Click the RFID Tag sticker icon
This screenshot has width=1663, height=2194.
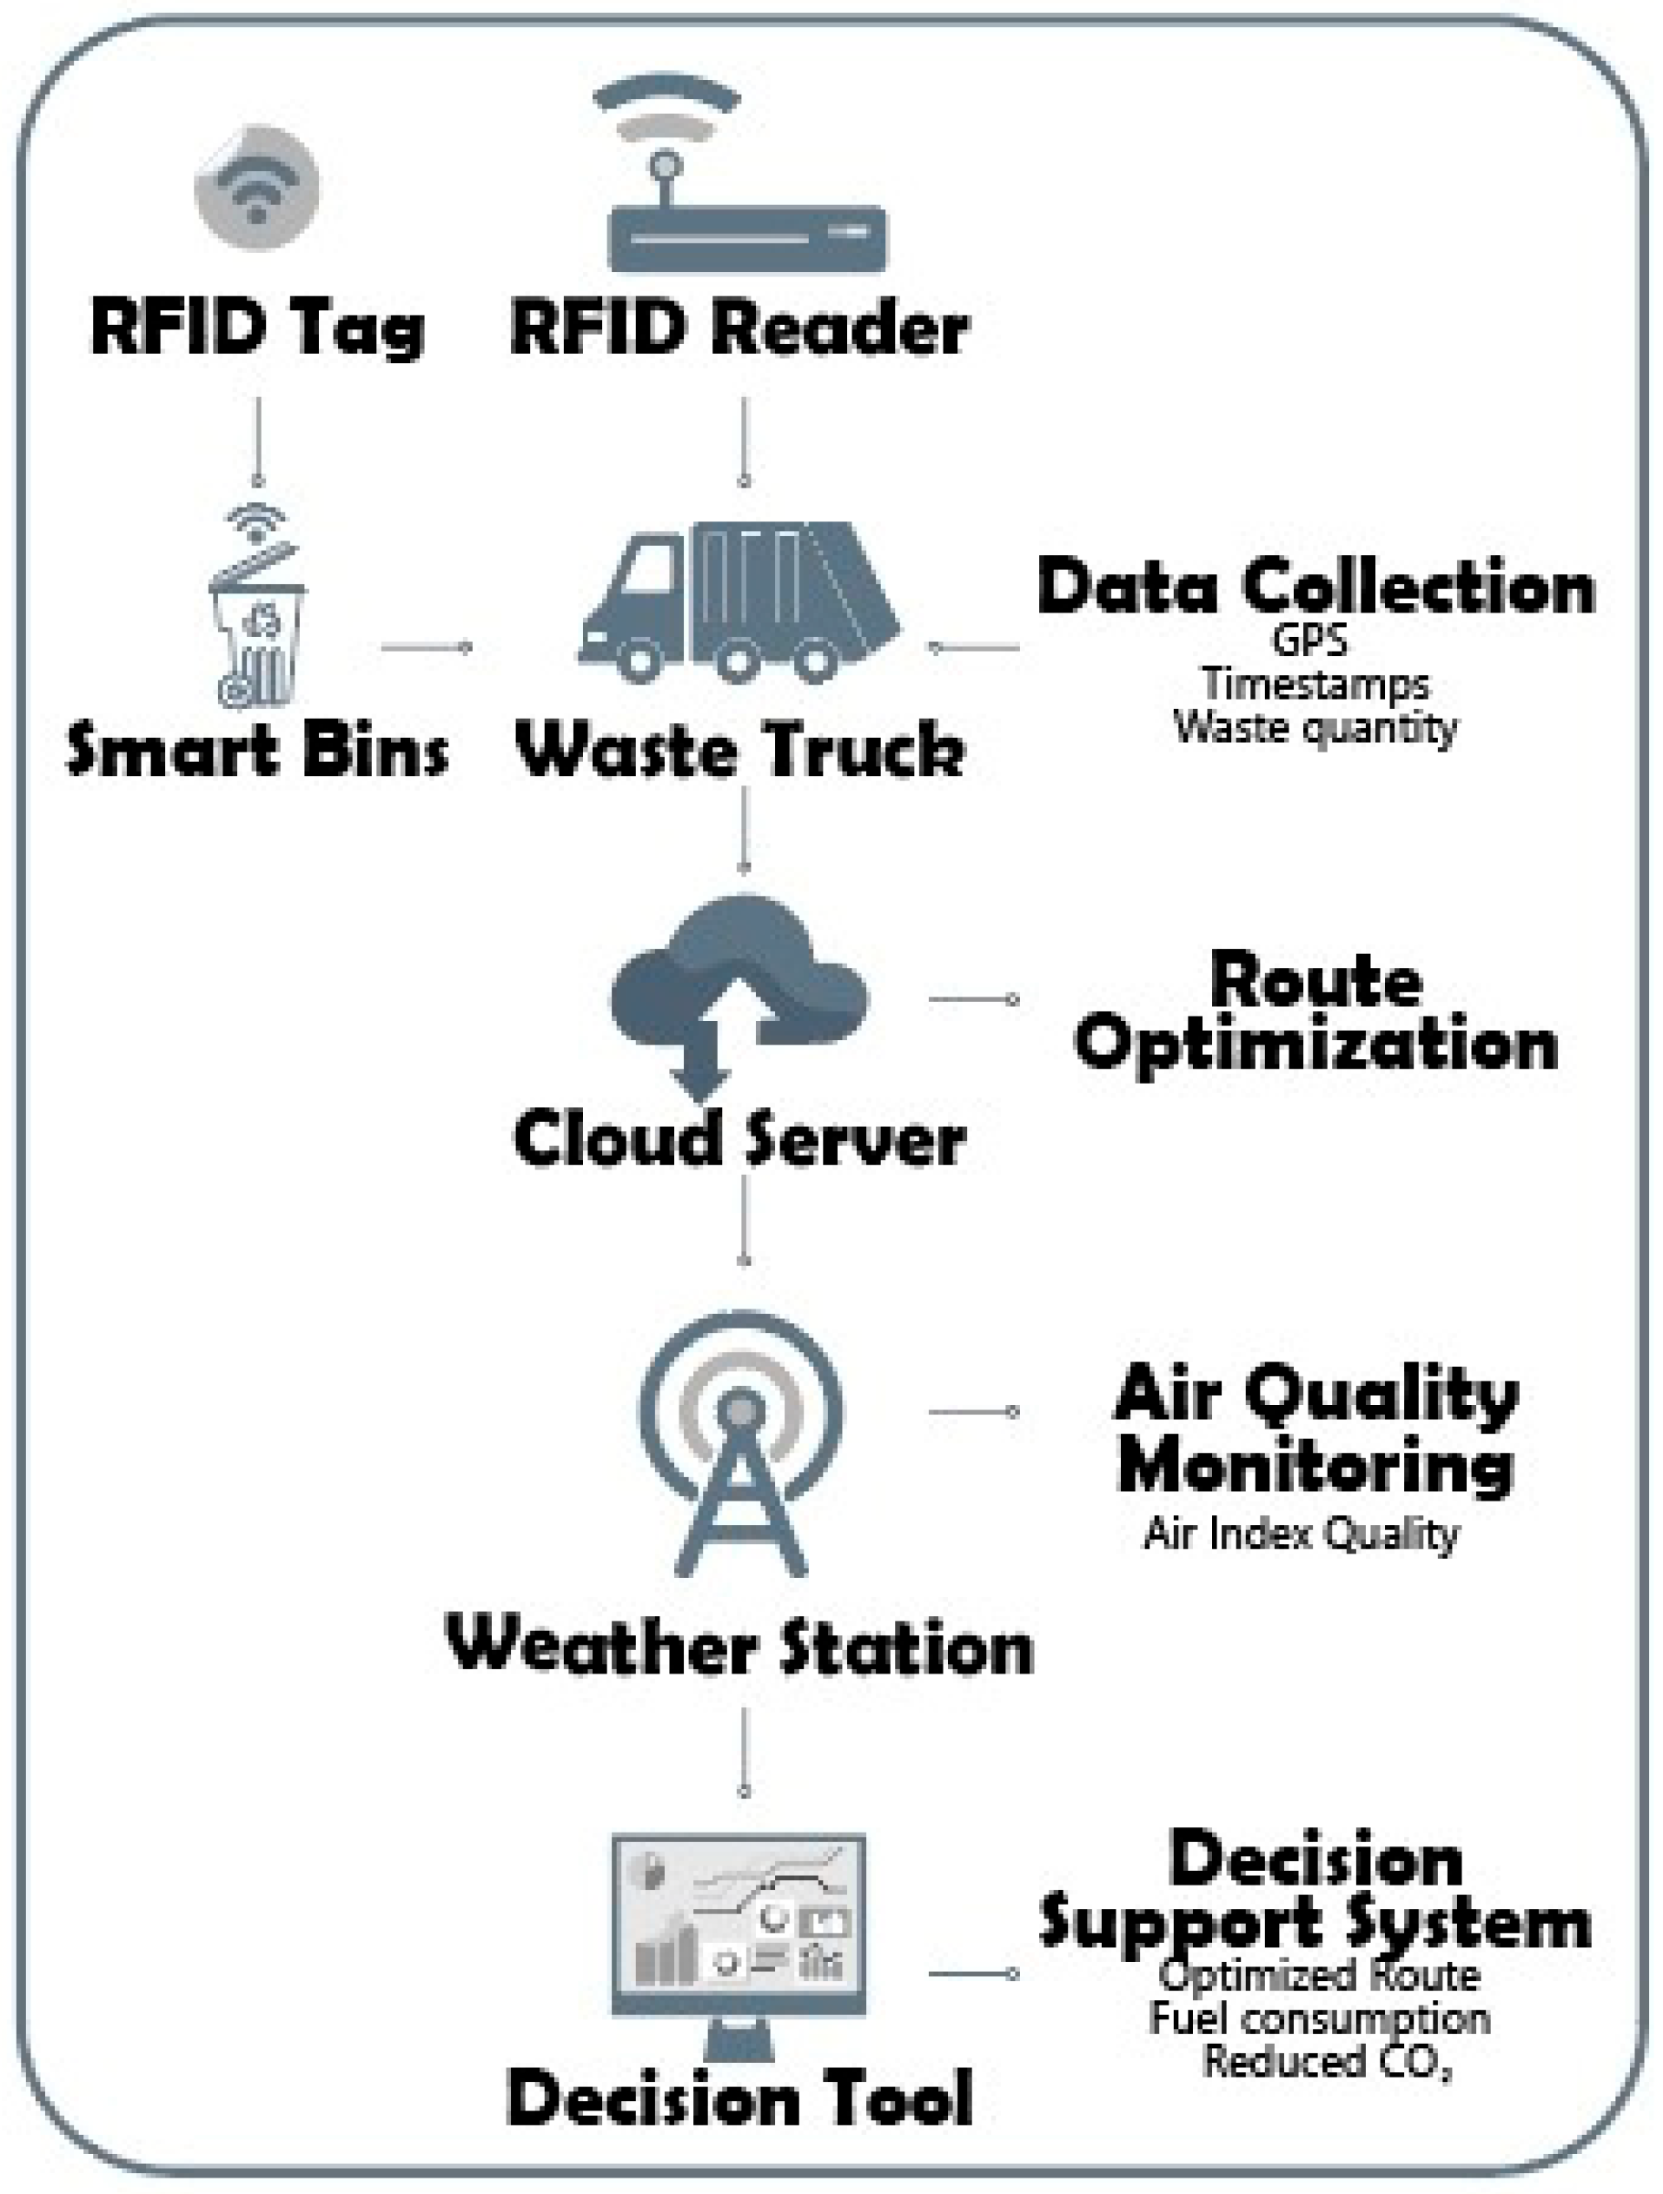click(x=257, y=188)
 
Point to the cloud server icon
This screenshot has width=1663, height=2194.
click(x=739, y=992)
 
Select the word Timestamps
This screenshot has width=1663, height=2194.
click(x=1316, y=685)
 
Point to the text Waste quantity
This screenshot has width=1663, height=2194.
click(x=1316, y=728)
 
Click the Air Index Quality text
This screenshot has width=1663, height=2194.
click(x=1301, y=1534)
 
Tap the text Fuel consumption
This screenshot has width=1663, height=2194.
click(x=1319, y=2019)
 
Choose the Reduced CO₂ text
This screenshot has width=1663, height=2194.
click(x=1326, y=2062)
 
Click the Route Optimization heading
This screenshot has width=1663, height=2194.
click(x=1316, y=1014)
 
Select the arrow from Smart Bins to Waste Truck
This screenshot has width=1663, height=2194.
click(x=427, y=647)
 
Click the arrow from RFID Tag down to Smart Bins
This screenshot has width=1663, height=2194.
click(x=258, y=441)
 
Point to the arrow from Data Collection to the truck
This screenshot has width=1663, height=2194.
click(x=975, y=647)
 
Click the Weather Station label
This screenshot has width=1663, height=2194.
click(x=739, y=1647)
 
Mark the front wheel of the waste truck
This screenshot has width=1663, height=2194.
click(x=639, y=659)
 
